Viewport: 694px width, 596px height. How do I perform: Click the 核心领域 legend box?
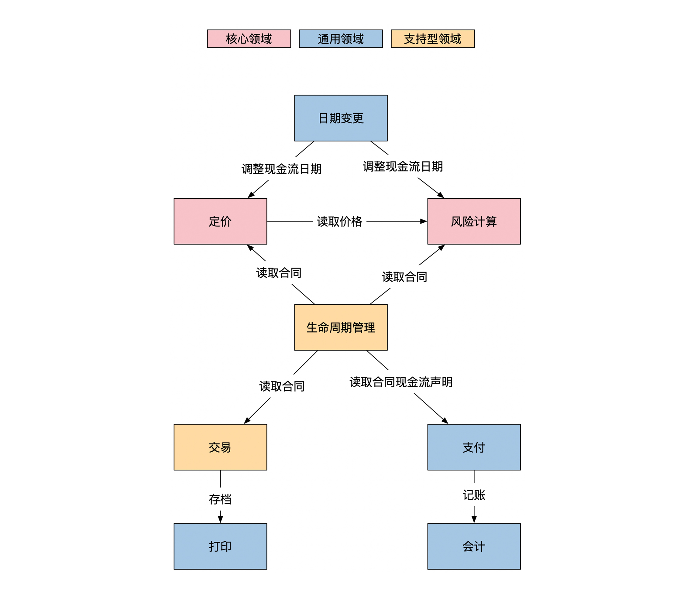[249, 39]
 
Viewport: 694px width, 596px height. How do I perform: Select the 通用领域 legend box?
[341, 39]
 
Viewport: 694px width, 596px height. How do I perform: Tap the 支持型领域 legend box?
[432, 39]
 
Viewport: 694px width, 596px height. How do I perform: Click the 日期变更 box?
[341, 118]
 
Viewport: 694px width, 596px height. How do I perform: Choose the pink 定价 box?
[220, 221]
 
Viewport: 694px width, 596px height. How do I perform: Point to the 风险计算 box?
[474, 221]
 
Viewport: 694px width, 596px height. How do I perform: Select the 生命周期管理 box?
[341, 327]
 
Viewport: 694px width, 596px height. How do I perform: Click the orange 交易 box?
[220, 447]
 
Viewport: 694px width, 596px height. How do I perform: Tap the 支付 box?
[474, 447]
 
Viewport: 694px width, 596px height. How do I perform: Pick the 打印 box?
[220, 546]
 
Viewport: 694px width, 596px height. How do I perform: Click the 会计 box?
[474, 546]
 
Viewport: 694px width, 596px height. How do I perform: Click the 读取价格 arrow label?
[340, 221]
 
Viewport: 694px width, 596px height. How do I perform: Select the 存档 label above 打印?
[220, 499]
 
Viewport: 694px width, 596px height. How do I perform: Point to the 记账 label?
[474, 495]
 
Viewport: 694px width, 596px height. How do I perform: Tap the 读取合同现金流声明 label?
[401, 382]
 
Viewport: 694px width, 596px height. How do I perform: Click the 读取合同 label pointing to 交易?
[282, 386]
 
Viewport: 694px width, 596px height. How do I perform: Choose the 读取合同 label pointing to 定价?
[279, 273]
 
